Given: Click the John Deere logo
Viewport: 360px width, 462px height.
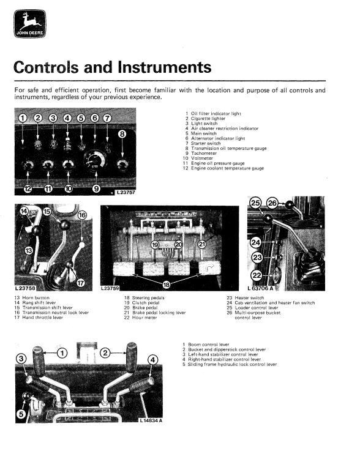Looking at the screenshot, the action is click(x=30, y=24).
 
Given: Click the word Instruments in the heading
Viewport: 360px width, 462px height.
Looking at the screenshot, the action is click(x=165, y=67).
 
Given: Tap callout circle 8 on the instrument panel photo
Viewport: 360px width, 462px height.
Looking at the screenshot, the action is click(x=122, y=135).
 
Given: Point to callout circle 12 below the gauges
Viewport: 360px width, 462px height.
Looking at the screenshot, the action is click(x=28, y=188).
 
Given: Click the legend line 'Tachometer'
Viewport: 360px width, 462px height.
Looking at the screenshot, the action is click(x=204, y=153).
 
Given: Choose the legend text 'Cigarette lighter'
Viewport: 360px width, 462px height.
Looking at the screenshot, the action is click(x=208, y=119).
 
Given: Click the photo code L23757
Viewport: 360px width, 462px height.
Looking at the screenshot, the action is click(x=126, y=192).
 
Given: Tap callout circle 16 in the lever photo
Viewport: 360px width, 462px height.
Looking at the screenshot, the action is click(x=82, y=215).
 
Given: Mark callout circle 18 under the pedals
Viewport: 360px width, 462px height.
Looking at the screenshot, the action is click(x=167, y=285).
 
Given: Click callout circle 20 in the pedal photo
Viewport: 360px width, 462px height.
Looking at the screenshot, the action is click(x=179, y=244).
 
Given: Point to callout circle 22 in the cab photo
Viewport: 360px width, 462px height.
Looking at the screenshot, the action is click(x=256, y=275).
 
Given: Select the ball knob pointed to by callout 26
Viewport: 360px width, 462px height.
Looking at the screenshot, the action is click(x=290, y=204).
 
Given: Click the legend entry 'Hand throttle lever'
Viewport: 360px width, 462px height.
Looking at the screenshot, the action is click(x=42, y=318).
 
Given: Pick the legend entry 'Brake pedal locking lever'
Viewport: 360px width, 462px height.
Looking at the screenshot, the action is click(x=159, y=312).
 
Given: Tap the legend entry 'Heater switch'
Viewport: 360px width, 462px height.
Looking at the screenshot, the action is click(x=249, y=297).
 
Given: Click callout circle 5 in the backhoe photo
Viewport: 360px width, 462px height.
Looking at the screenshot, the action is click(x=21, y=414).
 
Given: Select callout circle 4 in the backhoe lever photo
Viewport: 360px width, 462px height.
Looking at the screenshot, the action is click(x=152, y=359).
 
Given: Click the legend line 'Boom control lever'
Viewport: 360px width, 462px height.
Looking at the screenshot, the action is click(x=208, y=344).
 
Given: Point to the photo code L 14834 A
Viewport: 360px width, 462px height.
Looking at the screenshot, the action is click(x=151, y=420).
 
